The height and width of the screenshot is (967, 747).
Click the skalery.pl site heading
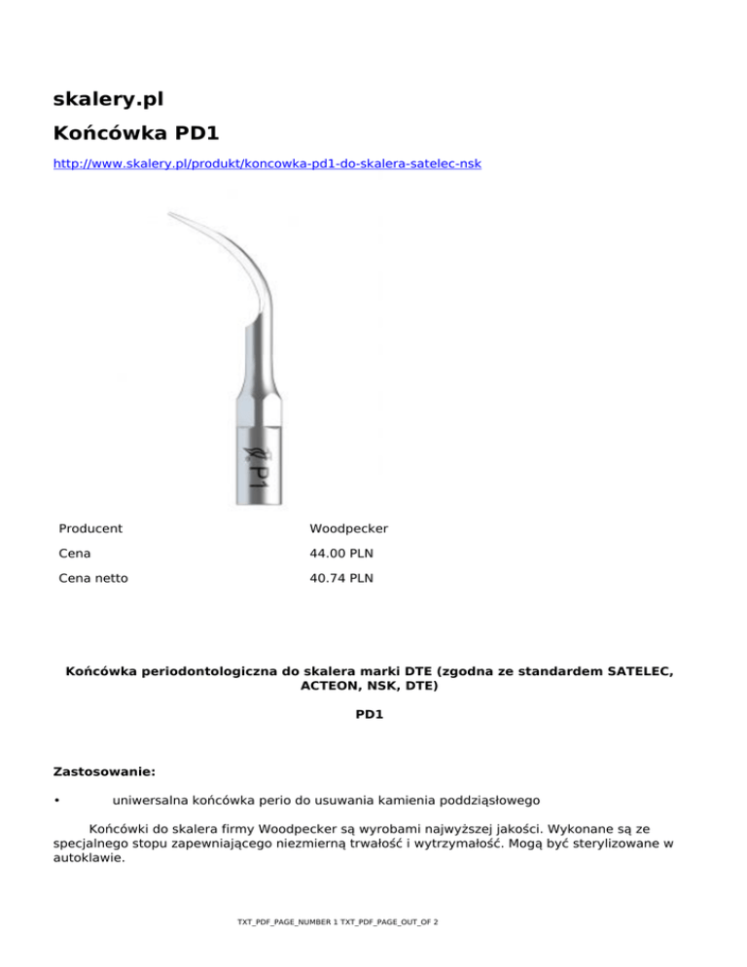coord(107,98)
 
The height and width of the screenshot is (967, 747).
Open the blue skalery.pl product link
coord(266,164)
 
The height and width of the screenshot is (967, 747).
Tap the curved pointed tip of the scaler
coord(173,215)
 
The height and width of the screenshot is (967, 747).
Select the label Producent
coord(90,529)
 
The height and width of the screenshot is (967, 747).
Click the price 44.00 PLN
coord(343,554)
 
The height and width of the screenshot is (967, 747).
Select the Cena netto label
coord(93,578)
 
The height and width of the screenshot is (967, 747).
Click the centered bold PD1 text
coord(373,713)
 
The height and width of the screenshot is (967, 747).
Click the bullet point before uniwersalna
coord(58,802)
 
